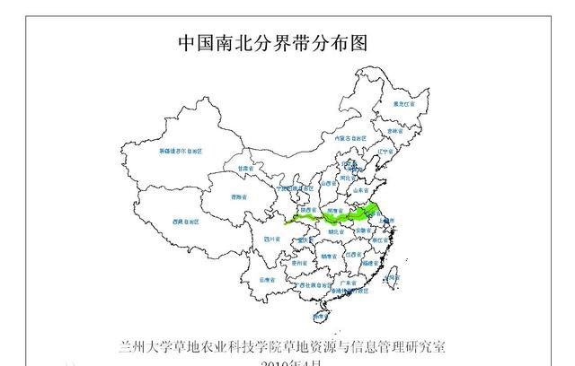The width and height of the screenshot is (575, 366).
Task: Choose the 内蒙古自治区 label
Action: [x=346, y=138]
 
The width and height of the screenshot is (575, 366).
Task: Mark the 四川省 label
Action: [x=271, y=240]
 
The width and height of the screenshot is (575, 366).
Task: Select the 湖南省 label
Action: [x=330, y=256]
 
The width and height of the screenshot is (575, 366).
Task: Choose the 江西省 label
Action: [x=353, y=255]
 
